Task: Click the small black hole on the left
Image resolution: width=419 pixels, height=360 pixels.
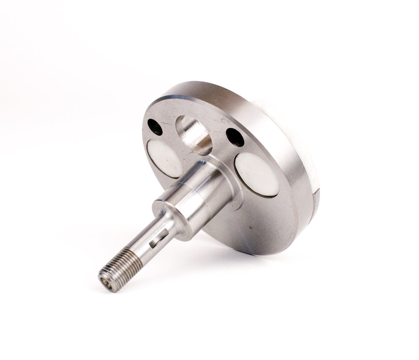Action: pos(155,127)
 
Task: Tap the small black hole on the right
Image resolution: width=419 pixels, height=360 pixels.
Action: pos(235,137)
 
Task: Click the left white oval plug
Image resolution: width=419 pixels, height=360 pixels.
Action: pos(164,158)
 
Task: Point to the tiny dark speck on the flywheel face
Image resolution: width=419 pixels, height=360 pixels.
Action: pos(250,228)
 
